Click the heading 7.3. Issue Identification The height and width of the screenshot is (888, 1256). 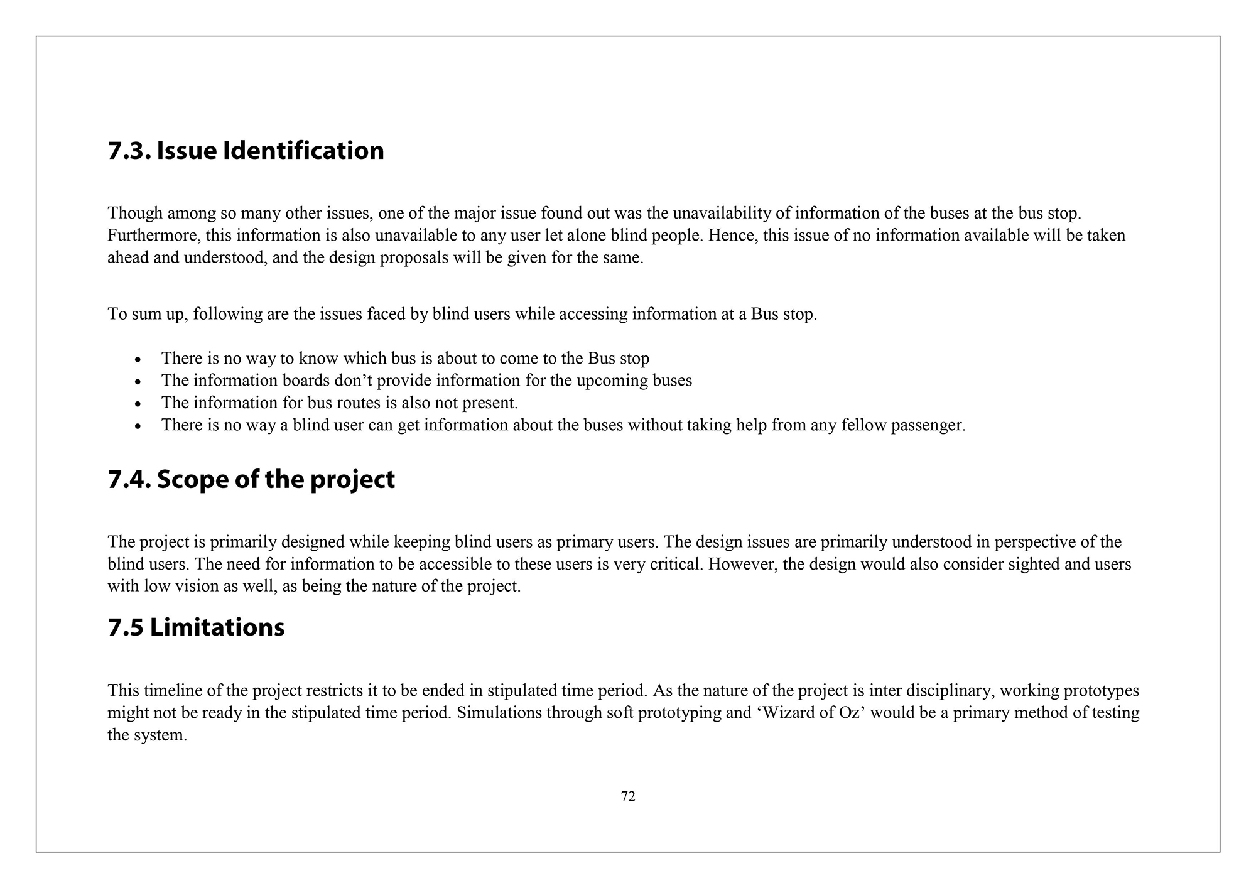[x=246, y=151]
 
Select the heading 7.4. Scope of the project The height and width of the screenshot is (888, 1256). [x=251, y=480]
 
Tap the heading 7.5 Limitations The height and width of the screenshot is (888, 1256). [x=196, y=627]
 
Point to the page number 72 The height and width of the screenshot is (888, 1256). [x=628, y=796]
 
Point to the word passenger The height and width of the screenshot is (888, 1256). [x=927, y=425]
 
